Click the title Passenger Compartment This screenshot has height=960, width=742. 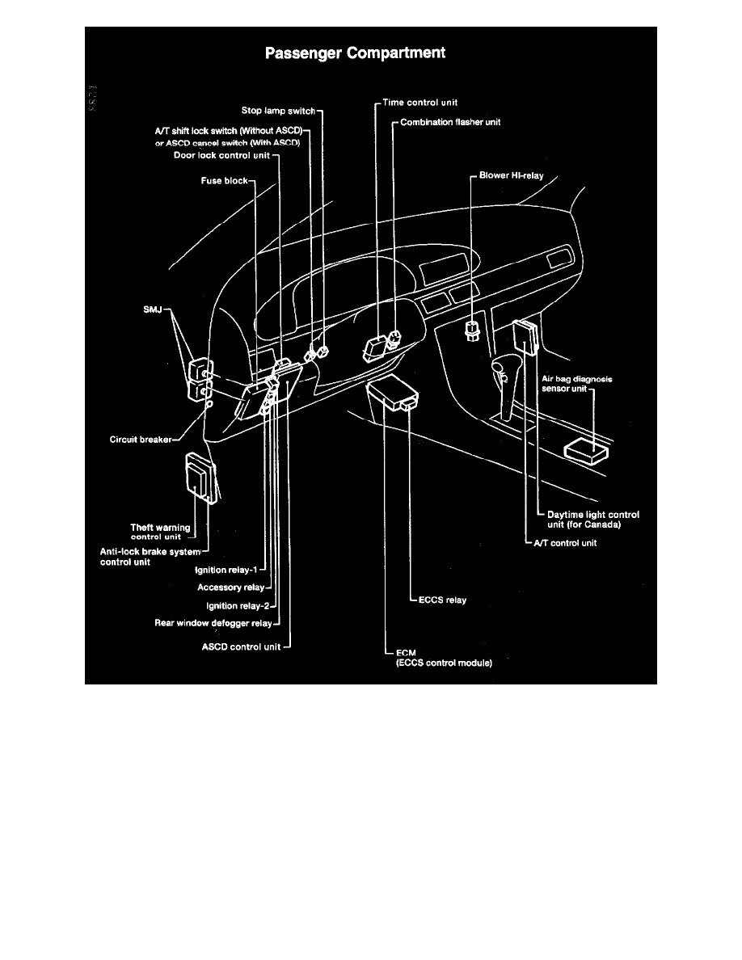pyautogui.click(x=356, y=54)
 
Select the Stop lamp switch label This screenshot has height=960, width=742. pyautogui.click(x=278, y=111)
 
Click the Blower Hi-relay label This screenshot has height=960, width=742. pyautogui.click(x=511, y=175)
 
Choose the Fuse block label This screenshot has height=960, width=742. pyautogui.click(x=226, y=181)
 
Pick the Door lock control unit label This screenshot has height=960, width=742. pyautogui.click(x=221, y=155)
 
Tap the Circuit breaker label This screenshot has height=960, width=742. pyautogui.click(x=140, y=440)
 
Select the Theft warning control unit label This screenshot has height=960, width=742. pyautogui.click(x=160, y=531)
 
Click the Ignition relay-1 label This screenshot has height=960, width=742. pyautogui.click(x=228, y=570)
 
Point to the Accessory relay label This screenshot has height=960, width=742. pyautogui.click(x=230, y=587)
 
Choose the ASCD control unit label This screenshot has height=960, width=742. pyautogui.click(x=241, y=646)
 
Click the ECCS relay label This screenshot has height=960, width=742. pyautogui.click(x=442, y=600)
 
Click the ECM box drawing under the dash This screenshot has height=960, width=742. pyautogui.click(x=394, y=397)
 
